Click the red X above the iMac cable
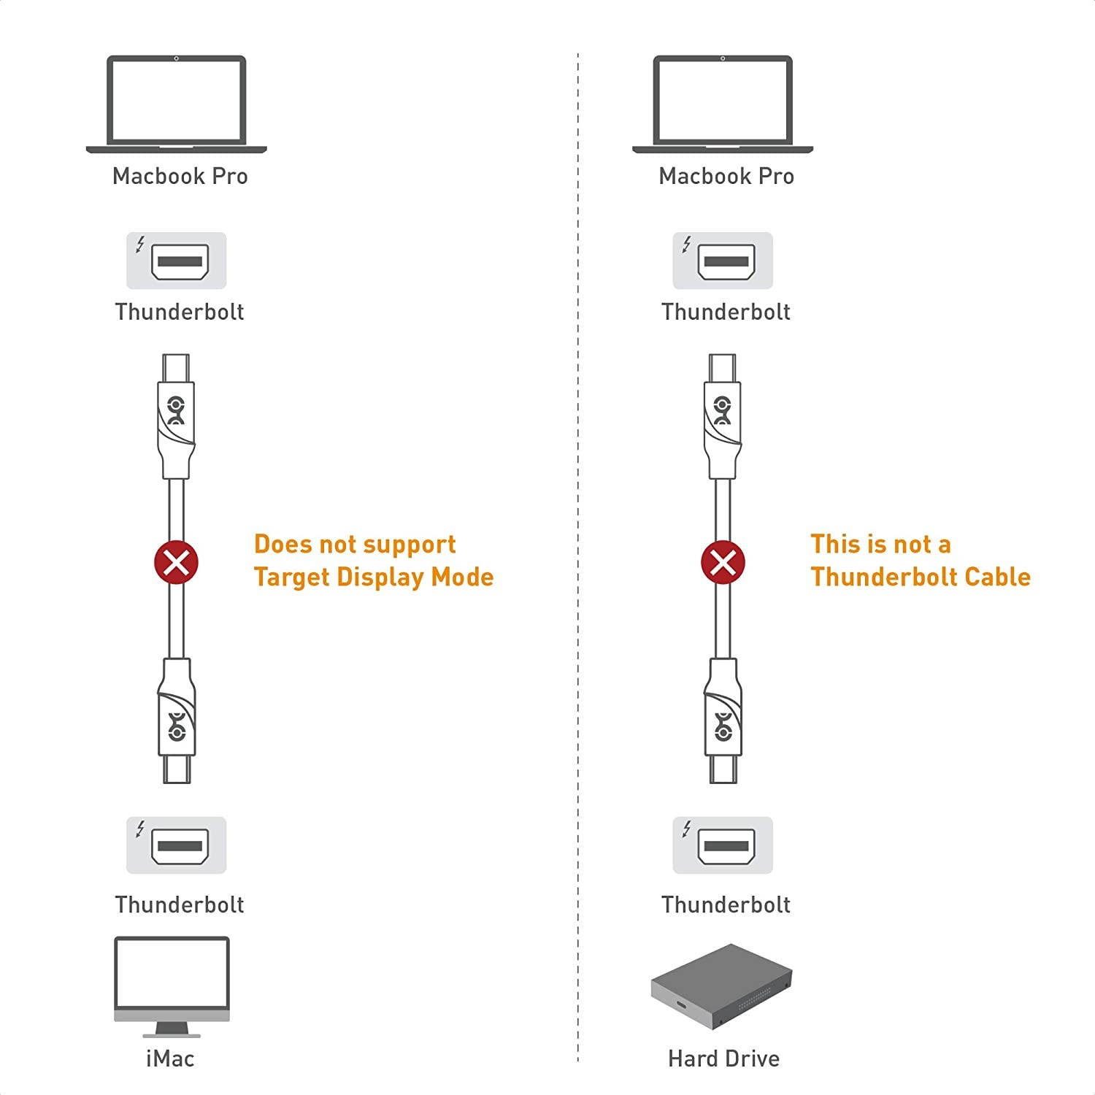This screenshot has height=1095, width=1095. point(176,563)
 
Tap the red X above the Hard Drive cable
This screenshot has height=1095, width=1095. point(723,563)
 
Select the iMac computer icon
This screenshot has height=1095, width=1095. point(172,985)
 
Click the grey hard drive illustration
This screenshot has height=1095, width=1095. point(721,985)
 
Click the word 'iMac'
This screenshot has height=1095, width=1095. point(170,1058)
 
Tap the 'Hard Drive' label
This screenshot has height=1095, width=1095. point(723,1058)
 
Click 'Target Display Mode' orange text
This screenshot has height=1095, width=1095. point(374,577)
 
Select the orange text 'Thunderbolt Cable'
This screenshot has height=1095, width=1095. point(921,577)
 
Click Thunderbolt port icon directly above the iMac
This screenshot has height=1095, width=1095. point(177,845)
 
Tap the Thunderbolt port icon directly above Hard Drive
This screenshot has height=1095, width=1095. point(723,845)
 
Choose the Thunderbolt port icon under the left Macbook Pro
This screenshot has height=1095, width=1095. point(177,261)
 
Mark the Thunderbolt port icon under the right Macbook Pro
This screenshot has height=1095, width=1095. point(723,261)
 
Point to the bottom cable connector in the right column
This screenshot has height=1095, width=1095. point(723,719)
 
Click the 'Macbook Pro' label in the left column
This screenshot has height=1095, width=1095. point(180,177)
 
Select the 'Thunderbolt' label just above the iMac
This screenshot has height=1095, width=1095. point(180,904)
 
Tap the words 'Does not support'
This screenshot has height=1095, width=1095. point(355,545)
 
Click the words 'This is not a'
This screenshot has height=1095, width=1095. point(880,545)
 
